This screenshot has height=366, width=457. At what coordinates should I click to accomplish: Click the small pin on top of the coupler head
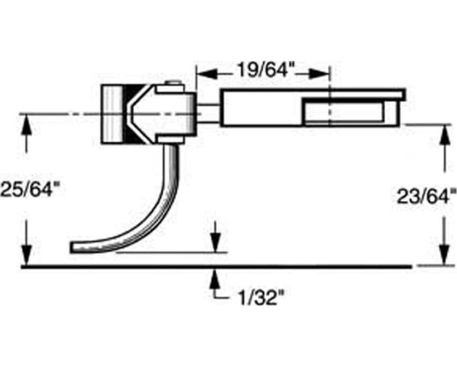point(170,86)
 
